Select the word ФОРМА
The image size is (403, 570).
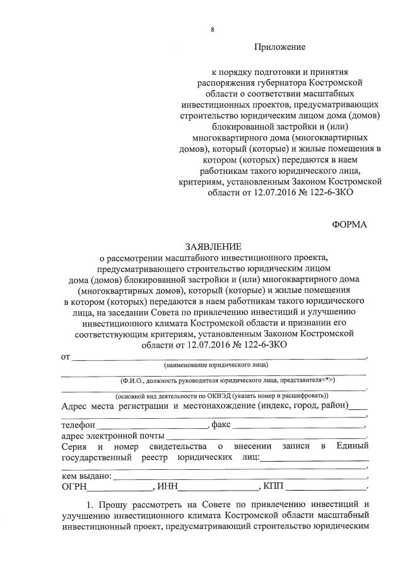(349, 224)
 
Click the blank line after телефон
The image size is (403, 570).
(155, 427)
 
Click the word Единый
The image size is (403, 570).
(353, 447)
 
